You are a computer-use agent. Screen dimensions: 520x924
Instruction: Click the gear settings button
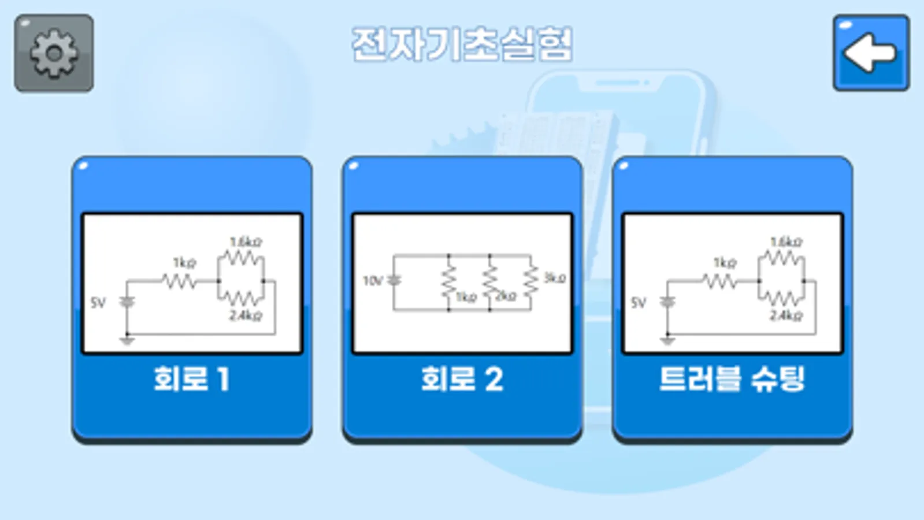point(54,53)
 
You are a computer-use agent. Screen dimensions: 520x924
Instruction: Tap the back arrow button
point(871,53)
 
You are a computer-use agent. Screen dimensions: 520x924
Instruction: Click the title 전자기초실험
point(462,44)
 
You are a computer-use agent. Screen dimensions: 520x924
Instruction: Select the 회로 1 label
point(191,380)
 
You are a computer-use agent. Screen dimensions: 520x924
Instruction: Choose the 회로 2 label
point(462,380)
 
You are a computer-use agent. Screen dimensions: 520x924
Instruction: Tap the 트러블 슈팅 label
point(732,380)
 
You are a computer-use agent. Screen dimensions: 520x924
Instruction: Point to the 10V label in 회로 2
point(373,281)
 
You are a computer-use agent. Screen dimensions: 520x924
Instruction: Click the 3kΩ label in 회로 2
point(555,278)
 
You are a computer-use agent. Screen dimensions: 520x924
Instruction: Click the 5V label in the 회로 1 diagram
point(98,303)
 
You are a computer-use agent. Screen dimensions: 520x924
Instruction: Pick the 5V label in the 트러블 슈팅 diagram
point(639,303)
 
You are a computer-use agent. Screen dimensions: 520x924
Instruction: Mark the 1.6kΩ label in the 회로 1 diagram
point(246,242)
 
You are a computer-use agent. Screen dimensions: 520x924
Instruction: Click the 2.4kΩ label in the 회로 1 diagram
point(246,315)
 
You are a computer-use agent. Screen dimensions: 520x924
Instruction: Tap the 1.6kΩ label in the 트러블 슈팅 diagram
point(786,242)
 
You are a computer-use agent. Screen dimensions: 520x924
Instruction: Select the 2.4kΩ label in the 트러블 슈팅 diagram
point(786,315)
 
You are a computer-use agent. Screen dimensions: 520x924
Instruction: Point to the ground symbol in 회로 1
point(127,340)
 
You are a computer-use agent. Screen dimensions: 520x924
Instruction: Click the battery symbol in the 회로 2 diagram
point(394,280)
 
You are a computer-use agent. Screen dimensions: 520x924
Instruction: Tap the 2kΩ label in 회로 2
point(506,296)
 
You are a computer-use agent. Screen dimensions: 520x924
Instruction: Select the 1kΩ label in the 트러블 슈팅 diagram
point(725,263)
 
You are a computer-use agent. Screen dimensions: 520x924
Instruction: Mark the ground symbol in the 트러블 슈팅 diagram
point(667,340)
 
